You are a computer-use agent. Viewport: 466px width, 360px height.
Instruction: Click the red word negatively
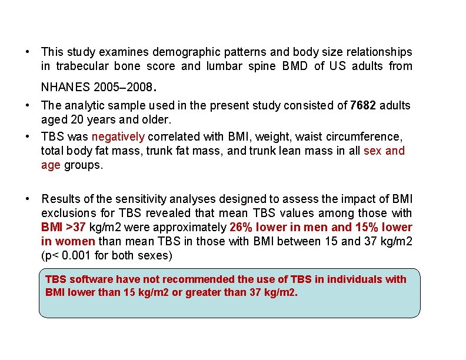[x=118, y=137]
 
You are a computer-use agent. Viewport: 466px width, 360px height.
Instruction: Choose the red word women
[x=76, y=241]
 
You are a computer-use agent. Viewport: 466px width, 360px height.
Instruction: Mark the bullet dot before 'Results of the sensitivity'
[x=28, y=199]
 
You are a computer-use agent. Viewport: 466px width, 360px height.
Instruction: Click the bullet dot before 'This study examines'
[x=28, y=52]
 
